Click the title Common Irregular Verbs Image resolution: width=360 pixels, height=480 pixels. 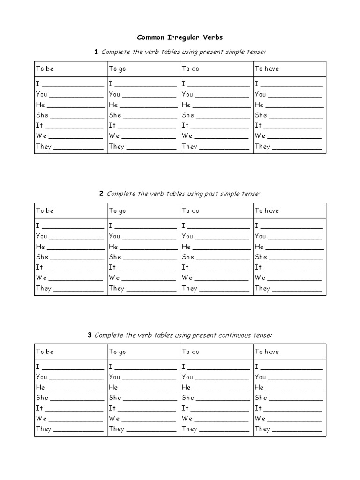(x=180, y=37)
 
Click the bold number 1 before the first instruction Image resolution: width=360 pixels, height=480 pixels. (x=96, y=52)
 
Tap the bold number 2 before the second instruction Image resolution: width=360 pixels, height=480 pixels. (x=101, y=194)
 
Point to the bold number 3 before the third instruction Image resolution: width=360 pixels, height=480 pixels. (x=90, y=335)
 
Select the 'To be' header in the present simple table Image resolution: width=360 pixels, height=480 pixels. (x=45, y=69)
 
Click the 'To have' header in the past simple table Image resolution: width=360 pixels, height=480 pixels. (x=267, y=211)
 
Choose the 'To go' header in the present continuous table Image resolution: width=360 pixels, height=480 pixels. (x=117, y=352)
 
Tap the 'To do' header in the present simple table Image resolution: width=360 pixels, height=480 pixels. (x=190, y=69)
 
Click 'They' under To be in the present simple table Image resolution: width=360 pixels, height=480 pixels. (x=44, y=146)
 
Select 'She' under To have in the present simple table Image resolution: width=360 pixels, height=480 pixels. (x=261, y=115)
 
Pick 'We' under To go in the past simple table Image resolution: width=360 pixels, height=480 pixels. (x=114, y=277)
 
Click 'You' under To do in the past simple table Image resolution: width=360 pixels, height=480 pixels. (x=187, y=236)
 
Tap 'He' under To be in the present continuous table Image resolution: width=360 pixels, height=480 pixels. (x=40, y=388)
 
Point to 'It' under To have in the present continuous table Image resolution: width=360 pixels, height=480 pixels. (x=258, y=408)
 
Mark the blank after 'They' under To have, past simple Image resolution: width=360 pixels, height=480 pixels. (x=297, y=291)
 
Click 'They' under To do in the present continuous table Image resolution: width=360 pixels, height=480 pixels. (x=189, y=429)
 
